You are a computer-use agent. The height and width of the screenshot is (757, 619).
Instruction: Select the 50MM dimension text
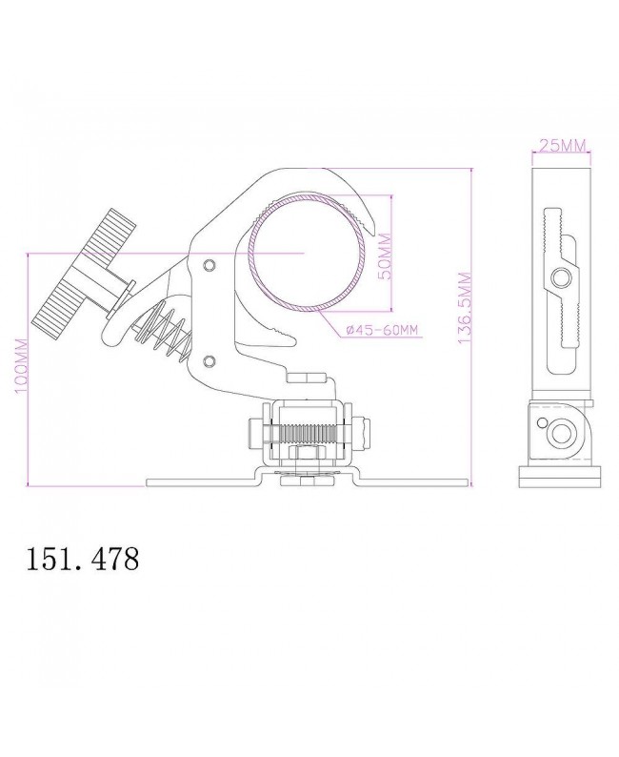pos(384,255)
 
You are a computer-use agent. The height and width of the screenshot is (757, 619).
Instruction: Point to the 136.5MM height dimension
pos(465,310)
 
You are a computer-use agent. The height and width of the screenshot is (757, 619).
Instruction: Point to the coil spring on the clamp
pos(166,330)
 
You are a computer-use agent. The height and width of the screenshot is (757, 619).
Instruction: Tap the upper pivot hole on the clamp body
pos(210,264)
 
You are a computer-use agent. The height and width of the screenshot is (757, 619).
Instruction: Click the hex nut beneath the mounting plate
pos(303,481)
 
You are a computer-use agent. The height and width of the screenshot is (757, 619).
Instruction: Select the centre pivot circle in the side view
pos(561,277)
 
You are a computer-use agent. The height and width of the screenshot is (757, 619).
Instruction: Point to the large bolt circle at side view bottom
pos(559,432)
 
